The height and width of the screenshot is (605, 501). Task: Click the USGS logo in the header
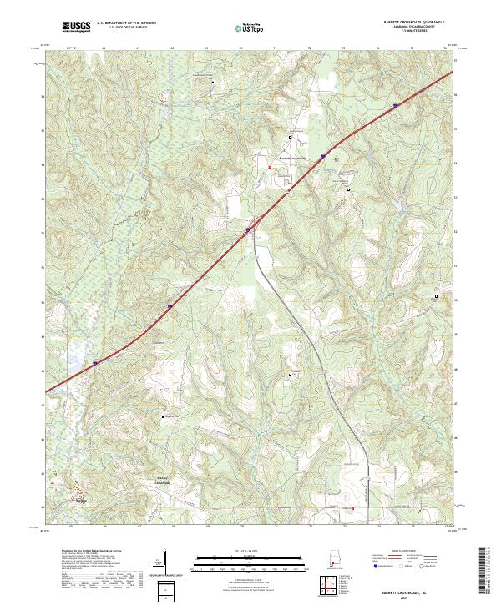pos(77,27)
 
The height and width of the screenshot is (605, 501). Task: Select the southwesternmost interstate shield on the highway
pos(95,363)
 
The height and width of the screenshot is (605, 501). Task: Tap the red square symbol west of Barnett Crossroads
pos(270,167)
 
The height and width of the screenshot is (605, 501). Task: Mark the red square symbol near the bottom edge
pos(352,507)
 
